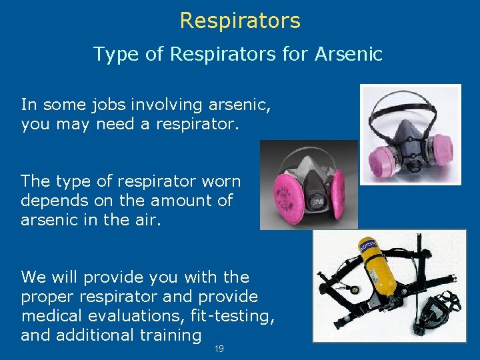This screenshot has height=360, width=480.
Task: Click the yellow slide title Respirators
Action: (240, 21)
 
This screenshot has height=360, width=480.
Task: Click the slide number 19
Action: (219, 349)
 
